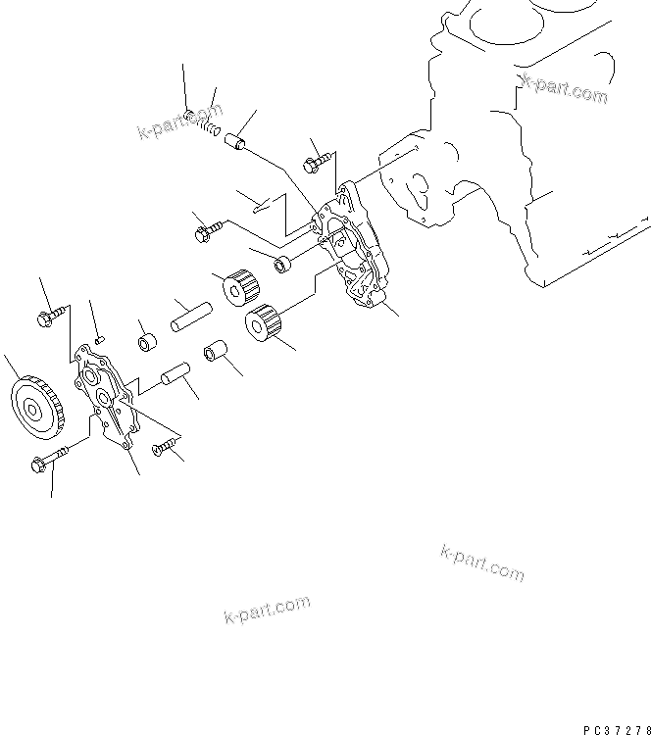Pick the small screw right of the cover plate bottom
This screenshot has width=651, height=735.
pos(167,448)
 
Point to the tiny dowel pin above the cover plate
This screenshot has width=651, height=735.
pos(98,336)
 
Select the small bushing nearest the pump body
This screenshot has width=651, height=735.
pos(282,263)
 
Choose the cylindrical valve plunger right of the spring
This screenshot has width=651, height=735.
pos(239,144)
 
